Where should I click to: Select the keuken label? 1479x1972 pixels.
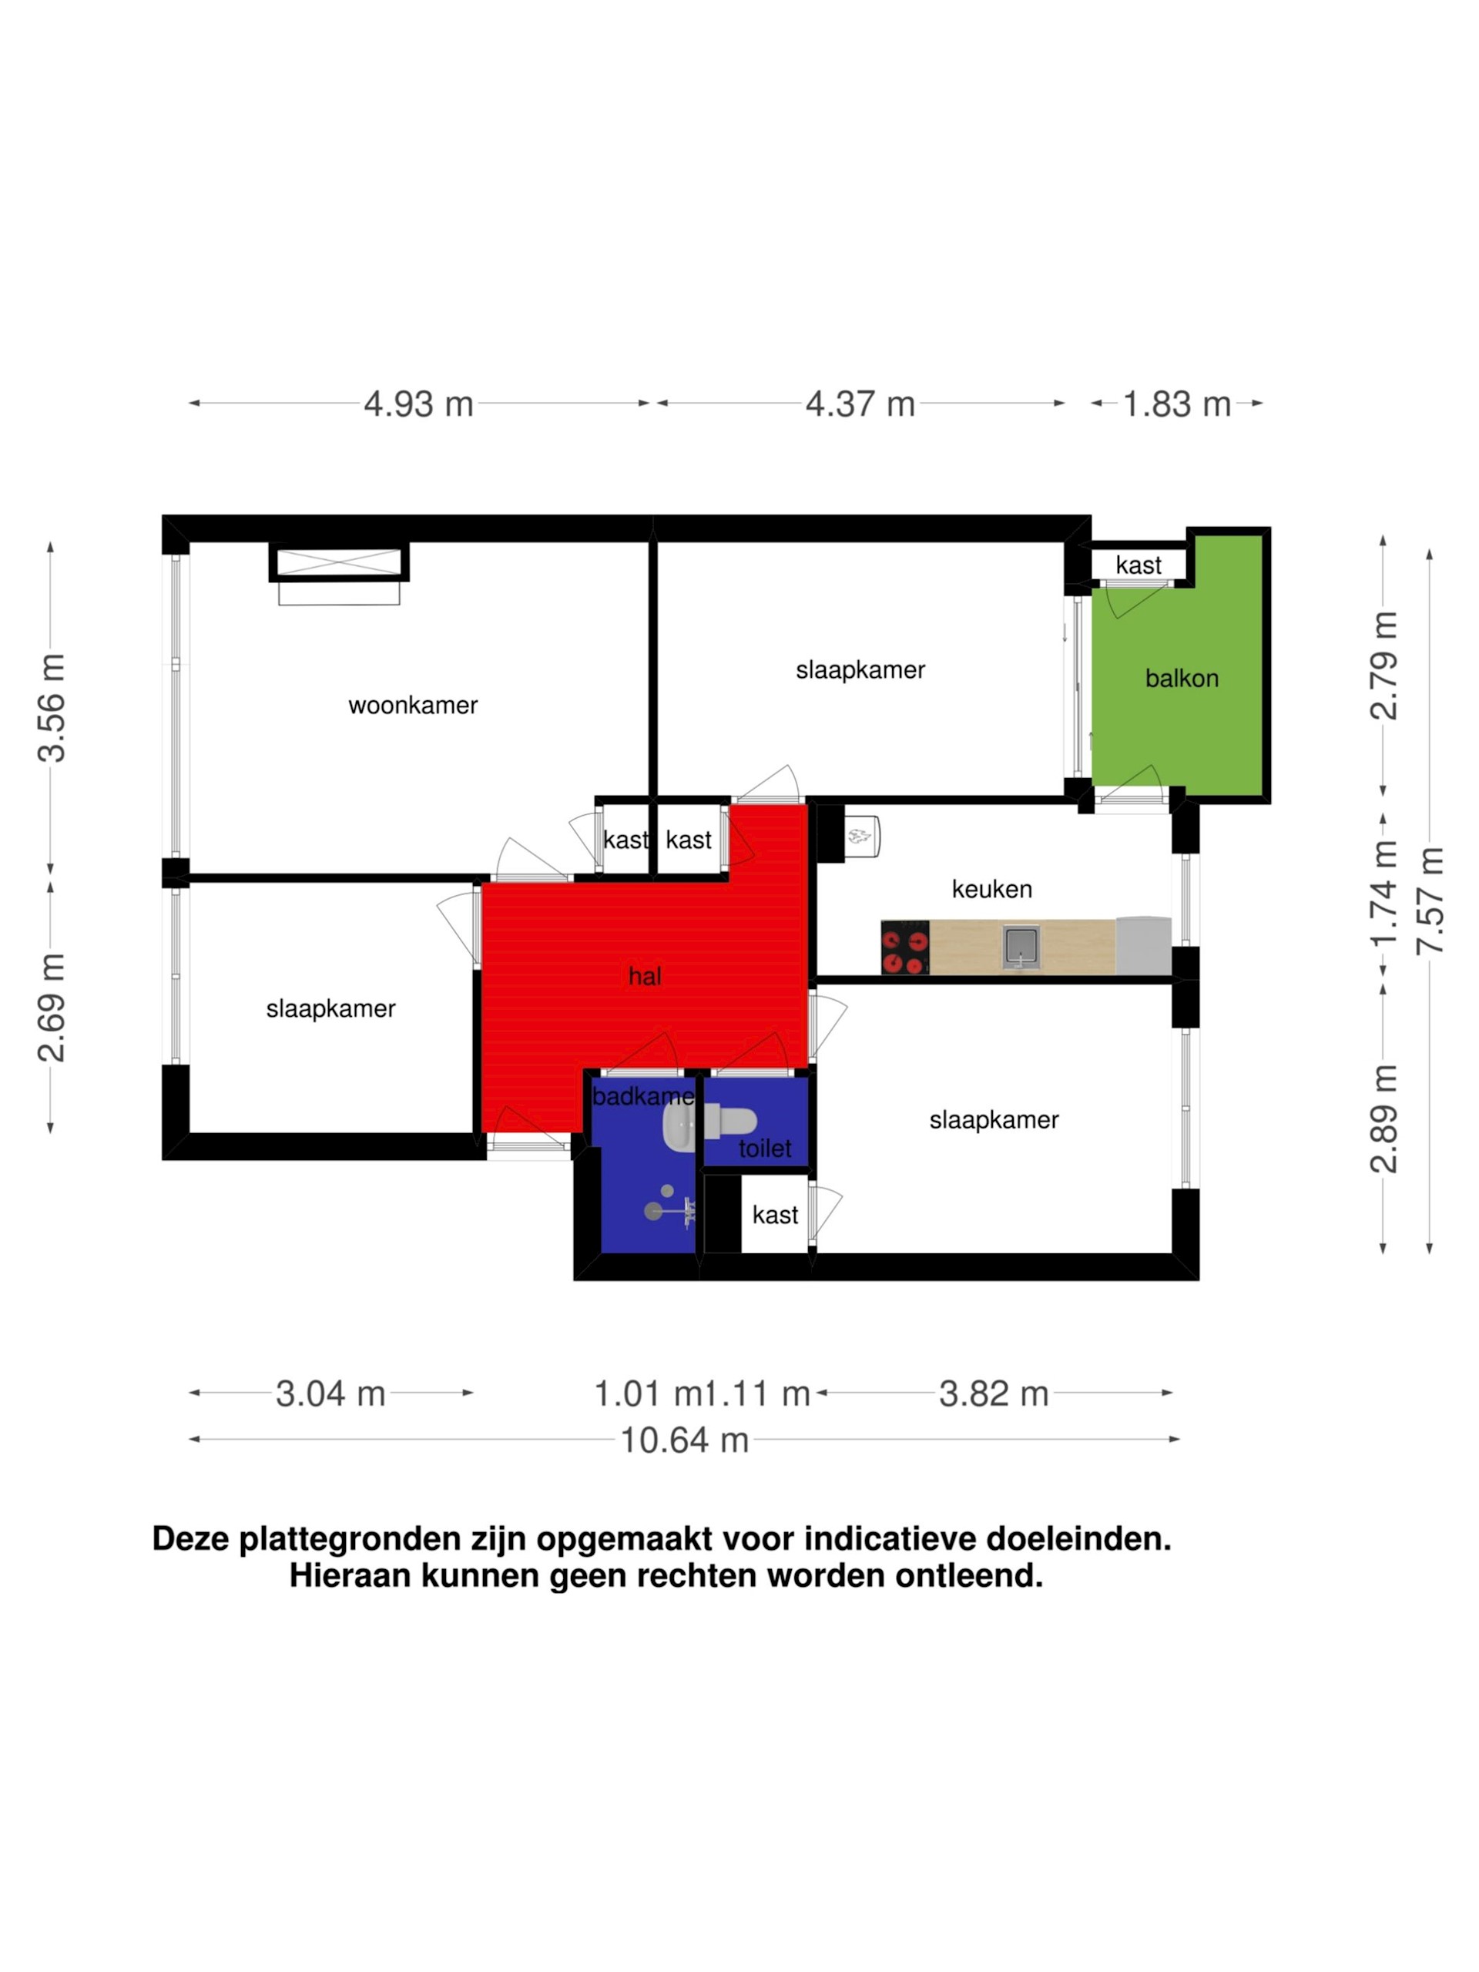[x=991, y=889]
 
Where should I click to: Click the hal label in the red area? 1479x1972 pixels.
[x=645, y=976]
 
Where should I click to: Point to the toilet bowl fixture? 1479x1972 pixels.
[x=730, y=1122]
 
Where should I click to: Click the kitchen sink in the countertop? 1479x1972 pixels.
[x=1021, y=946]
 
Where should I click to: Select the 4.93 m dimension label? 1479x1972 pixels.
[x=418, y=404]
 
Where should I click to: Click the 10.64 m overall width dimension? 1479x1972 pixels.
[x=685, y=1440]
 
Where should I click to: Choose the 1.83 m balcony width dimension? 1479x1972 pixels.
[x=1177, y=404]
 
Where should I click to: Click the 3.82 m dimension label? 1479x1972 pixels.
[x=994, y=1393]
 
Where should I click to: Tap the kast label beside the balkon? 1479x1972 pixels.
[x=1139, y=565]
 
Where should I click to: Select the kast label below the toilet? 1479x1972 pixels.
[x=775, y=1215]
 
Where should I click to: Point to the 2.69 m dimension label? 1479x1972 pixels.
[x=52, y=1008]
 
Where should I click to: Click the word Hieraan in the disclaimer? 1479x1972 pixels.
[x=350, y=1575]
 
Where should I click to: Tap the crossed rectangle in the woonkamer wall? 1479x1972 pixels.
[x=339, y=563]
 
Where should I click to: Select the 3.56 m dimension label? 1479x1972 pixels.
[x=52, y=708]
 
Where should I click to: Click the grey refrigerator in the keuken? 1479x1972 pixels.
[x=1143, y=946]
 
